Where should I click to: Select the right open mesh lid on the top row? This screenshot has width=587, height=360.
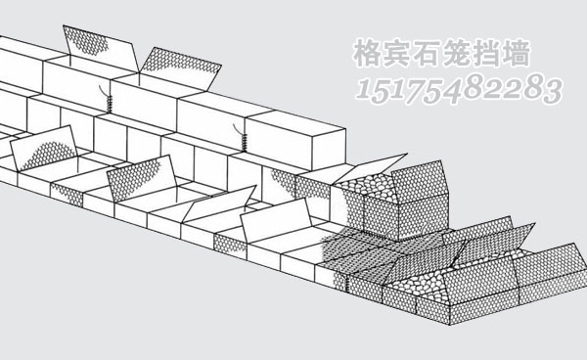[180, 65]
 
